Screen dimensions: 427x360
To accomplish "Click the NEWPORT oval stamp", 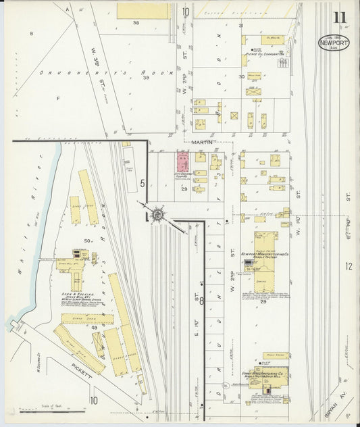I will coord(334,43).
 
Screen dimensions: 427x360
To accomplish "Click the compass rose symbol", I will coord(156,215).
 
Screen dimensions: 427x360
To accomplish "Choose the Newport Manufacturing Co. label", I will coord(265,255).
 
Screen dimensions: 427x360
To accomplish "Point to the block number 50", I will coord(88,241).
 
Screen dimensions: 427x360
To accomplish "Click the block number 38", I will coord(135,23).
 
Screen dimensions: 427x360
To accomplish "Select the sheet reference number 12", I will coord(349,266).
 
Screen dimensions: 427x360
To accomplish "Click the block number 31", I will coord(240,26).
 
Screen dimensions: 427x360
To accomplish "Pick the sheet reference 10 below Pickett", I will coord(95,400).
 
